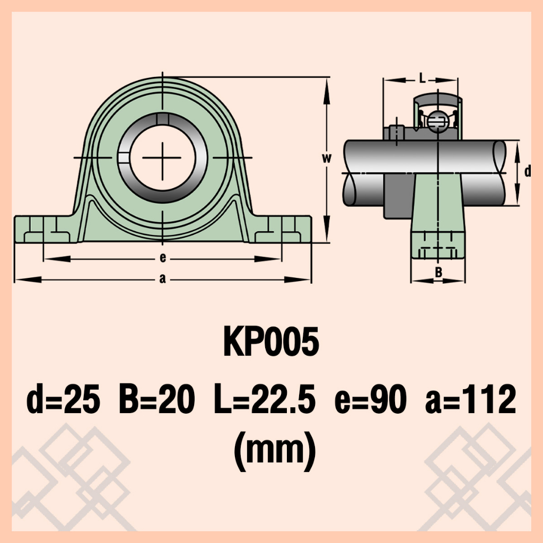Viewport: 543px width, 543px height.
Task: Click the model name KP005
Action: [x=271, y=342]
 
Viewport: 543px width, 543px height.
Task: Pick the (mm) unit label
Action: [x=275, y=451]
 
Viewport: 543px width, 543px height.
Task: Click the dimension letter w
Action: [x=327, y=158]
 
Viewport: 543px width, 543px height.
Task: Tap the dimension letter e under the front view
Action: [x=163, y=258]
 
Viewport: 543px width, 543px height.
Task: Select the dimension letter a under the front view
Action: [x=162, y=278]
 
